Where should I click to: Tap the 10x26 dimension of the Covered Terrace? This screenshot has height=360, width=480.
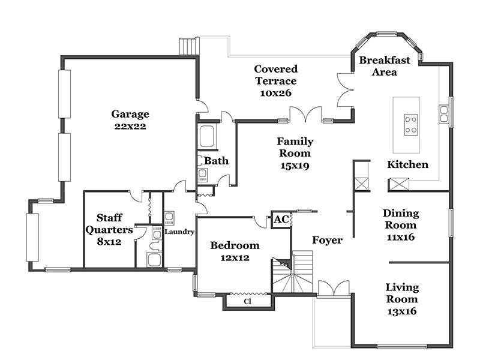tap(275, 93)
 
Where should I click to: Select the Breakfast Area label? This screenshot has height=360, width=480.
tap(385, 66)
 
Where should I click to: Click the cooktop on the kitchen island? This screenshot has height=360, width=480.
tap(410, 125)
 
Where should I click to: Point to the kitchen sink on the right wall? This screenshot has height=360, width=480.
tap(444, 114)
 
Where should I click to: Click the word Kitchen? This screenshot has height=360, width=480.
tap(407, 164)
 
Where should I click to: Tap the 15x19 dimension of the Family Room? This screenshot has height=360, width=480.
tap(295, 166)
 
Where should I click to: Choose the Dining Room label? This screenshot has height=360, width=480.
tap(401, 219)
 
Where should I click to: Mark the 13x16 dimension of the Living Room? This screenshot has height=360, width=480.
tap(401, 311)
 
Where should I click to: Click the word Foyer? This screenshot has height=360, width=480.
tap(327, 240)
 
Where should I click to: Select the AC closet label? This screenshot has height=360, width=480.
tap(281, 219)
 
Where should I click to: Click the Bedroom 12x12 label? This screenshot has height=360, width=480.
tap(235, 251)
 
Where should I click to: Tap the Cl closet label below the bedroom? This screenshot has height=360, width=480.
tap(248, 301)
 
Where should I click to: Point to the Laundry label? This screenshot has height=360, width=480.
tap(179, 232)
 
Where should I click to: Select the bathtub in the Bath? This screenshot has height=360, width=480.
tap(207, 136)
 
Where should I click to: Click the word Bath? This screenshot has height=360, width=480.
tap(216, 161)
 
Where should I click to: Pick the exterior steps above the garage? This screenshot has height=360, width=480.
tap(189, 46)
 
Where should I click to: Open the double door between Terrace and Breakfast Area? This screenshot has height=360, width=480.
tap(346, 90)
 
